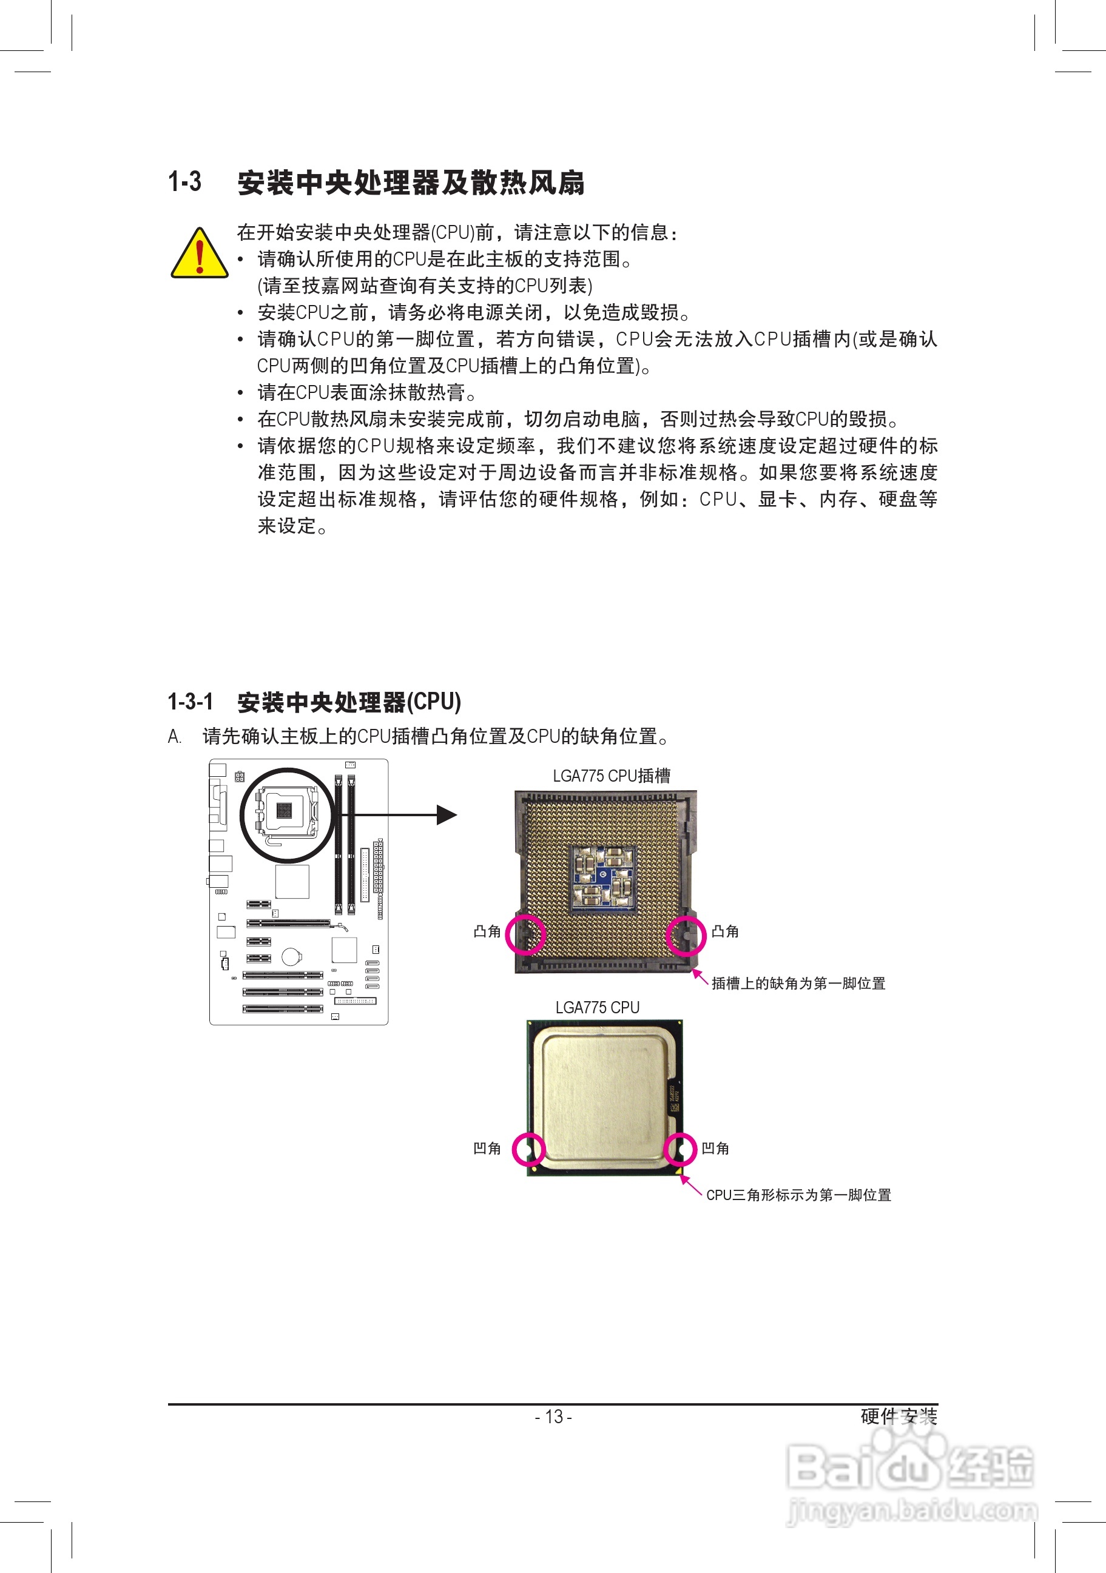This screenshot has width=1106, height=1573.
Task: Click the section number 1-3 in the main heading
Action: pos(185,181)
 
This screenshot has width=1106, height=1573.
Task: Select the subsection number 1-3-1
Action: pos(191,702)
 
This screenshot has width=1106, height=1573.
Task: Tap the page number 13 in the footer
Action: pos(554,1416)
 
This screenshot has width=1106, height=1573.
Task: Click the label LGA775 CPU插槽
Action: pos(612,776)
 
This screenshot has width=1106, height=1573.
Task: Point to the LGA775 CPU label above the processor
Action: pos(597,1007)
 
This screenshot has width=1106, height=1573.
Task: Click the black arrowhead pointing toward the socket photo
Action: pos(446,814)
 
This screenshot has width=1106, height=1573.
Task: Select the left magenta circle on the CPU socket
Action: pos(525,934)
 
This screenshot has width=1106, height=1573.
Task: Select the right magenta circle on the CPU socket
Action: pos(685,935)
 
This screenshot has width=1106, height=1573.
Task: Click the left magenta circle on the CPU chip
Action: pos(528,1149)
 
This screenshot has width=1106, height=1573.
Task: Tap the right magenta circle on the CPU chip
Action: pos(681,1149)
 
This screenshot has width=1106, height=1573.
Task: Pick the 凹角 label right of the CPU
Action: pos(715,1149)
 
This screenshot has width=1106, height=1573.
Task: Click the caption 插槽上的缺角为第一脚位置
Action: pos(798,983)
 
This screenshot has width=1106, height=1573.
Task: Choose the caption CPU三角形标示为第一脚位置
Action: pos(798,1195)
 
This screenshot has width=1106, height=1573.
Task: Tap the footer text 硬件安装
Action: pos(899,1416)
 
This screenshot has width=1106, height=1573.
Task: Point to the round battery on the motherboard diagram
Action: pos(291,956)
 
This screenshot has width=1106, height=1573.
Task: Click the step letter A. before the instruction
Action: pos(175,737)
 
